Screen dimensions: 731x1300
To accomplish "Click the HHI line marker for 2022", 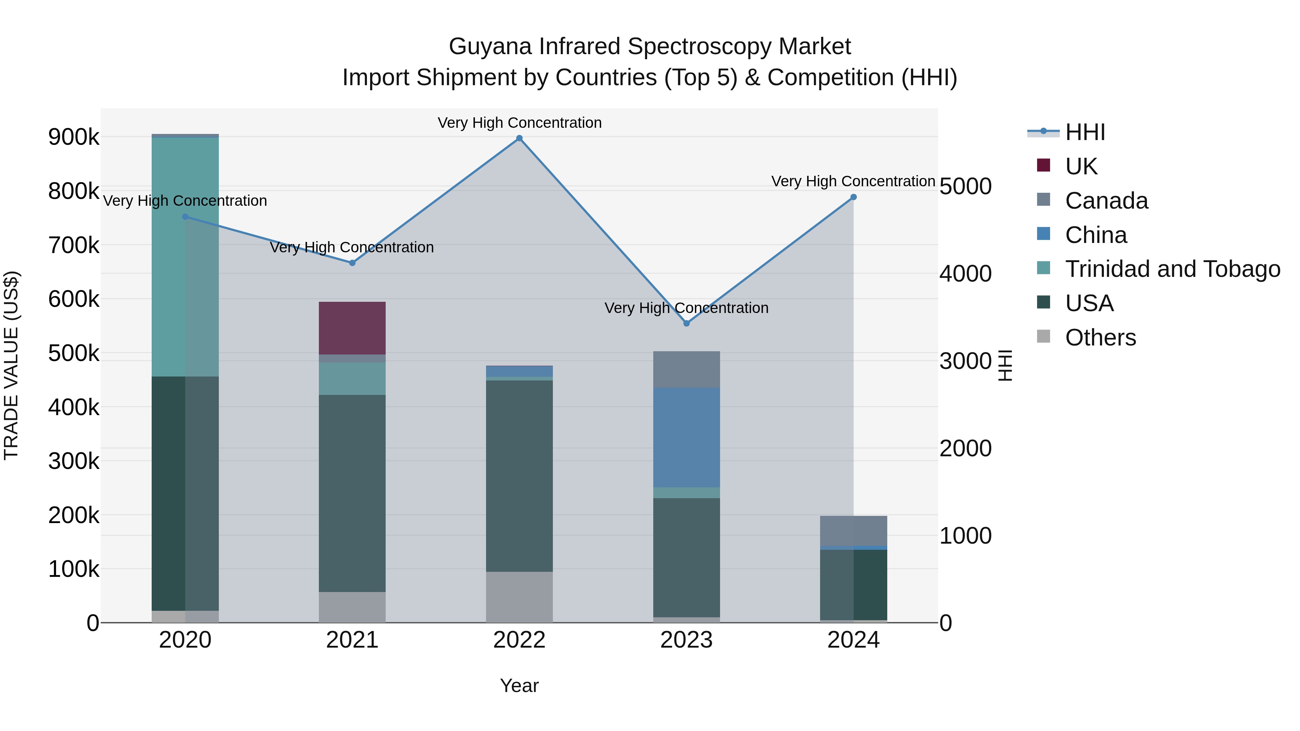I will coord(519,138).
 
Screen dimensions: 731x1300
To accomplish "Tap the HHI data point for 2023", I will coord(686,323).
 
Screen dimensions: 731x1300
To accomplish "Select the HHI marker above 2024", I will coord(853,197).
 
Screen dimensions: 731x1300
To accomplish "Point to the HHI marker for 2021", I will coord(352,263).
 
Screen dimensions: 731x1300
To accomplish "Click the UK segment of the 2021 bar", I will coord(352,328).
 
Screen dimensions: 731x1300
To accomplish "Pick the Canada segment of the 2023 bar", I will coord(686,369).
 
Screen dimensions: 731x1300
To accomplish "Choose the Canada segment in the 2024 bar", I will coord(853,531).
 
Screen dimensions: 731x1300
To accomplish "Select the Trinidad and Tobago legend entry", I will coord(1172,269).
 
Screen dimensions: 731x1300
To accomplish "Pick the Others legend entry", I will coord(1100,338).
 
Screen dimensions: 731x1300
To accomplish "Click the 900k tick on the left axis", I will coord(74,137).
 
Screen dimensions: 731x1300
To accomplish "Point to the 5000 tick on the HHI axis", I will coord(965,186).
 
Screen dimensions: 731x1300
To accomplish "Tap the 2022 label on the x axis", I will coord(519,640).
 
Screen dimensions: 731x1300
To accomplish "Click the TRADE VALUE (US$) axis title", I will coord(12,365).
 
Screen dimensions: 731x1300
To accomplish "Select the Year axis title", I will coord(519,686).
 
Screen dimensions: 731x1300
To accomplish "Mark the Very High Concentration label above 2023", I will coord(686,308).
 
